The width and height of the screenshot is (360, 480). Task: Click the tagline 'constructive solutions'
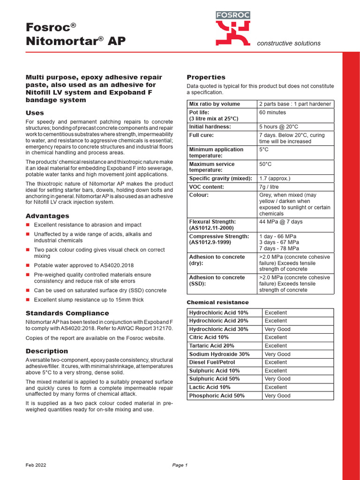[x=289, y=43]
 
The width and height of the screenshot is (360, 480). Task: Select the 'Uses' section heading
[x=35, y=113]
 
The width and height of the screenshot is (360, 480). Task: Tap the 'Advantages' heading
[x=47, y=216]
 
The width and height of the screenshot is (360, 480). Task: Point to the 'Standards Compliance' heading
[x=67, y=313]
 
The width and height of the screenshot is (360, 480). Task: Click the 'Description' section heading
[x=47, y=351]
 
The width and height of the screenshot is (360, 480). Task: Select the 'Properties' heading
[x=206, y=77]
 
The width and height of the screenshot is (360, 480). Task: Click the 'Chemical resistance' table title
[x=217, y=302]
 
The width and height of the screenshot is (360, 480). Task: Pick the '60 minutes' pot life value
[x=272, y=112]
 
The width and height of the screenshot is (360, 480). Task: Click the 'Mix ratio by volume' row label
[x=214, y=104]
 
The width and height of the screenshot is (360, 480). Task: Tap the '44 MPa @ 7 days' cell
[x=281, y=222]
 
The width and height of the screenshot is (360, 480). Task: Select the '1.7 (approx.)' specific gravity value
[x=275, y=178]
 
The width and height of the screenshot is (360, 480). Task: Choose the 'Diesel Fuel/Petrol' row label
[x=212, y=362]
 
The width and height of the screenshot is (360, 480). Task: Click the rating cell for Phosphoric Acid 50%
[x=277, y=396]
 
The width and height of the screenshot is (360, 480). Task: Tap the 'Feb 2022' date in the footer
[x=36, y=465]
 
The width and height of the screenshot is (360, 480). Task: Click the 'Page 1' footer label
[x=180, y=465]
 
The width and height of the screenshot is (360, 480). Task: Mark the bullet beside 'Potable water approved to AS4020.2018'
[x=28, y=265]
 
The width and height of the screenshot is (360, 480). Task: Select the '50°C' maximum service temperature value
[x=265, y=164]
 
